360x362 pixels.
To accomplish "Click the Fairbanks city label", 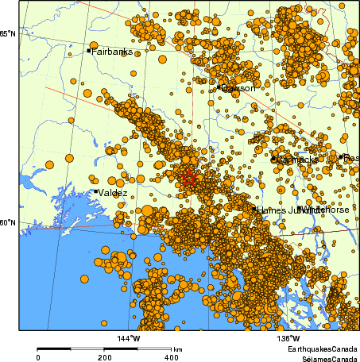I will [x=112, y=52].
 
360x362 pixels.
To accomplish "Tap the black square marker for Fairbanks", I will [x=88, y=51].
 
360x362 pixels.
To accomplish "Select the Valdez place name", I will [x=114, y=192].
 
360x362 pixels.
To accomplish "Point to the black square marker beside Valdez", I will [x=95, y=191].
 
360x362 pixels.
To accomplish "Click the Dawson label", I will [x=238, y=88].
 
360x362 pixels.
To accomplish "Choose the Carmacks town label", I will [x=299, y=160].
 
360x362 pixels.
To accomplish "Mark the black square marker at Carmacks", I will [x=275, y=160].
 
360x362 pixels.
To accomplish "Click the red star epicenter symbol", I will [x=188, y=178].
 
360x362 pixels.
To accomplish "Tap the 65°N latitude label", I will [x=8, y=33].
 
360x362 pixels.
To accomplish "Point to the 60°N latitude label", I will [x=8, y=222].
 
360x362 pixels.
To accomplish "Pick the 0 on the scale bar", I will [x=38, y=358].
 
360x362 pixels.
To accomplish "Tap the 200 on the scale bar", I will [x=104, y=358].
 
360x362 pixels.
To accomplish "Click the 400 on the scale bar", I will [x=170, y=358].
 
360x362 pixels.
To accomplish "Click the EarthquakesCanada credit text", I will [x=321, y=349].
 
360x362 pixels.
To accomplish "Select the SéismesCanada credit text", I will [x=324, y=358].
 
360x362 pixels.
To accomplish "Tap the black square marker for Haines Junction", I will [x=255, y=210].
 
